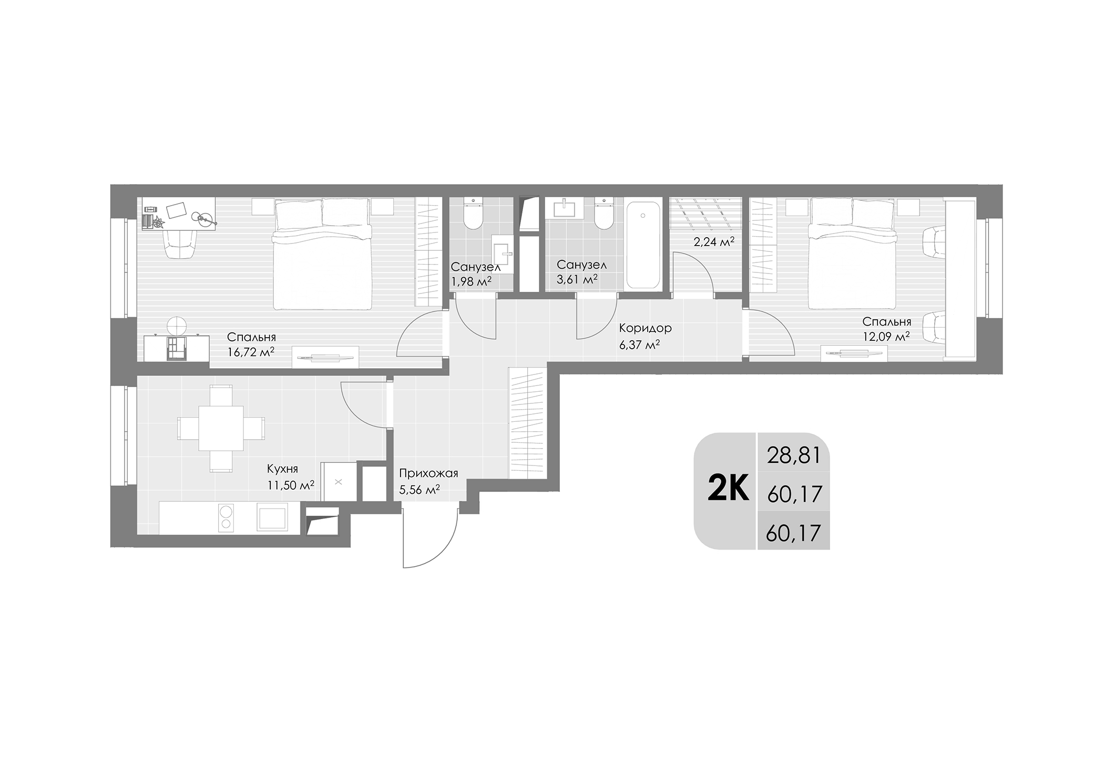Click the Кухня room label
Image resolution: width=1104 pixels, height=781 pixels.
(x=282, y=469)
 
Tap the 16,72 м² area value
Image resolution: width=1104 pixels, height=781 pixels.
(x=251, y=352)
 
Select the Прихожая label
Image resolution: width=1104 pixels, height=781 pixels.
(x=428, y=473)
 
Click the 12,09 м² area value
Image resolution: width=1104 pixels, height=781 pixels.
(x=886, y=337)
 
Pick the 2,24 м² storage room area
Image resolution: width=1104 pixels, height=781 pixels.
(x=713, y=241)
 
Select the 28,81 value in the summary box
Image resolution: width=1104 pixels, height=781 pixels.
(x=794, y=455)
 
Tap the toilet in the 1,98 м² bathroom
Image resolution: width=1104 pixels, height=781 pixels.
(x=473, y=215)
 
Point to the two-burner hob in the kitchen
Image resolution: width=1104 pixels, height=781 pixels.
(x=226, y=517)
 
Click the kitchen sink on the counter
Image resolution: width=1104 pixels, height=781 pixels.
(x=272, y=517)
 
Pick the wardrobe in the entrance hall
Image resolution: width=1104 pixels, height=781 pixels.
(x=527, y=423)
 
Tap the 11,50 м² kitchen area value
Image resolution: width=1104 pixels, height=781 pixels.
(x=290, y=484)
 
